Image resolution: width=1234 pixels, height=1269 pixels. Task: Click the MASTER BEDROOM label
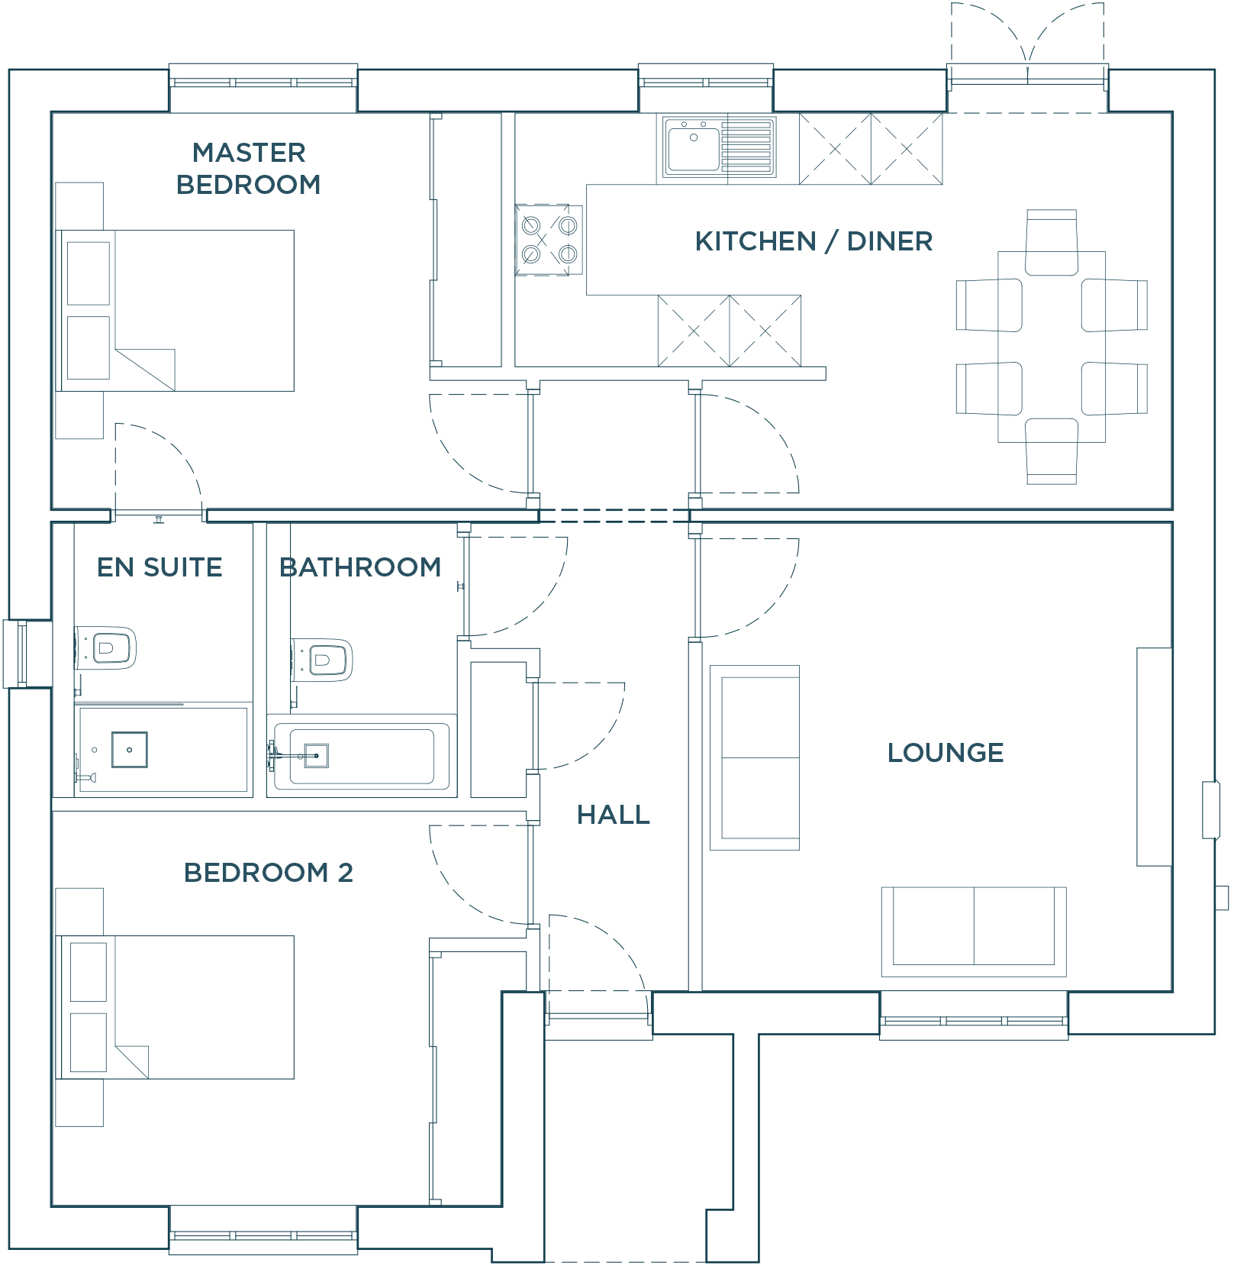tap(248, 169)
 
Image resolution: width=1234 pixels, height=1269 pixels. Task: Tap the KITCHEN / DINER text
tap(814, 241)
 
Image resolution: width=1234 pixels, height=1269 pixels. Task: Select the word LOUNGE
tap(945, 753)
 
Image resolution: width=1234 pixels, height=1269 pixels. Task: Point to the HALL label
tap(613, 815)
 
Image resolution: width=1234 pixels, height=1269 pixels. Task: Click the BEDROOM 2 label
tap(269, 873)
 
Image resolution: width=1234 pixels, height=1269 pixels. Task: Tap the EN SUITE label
tap(159, 567)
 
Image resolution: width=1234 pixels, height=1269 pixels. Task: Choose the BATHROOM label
tap(360, 567)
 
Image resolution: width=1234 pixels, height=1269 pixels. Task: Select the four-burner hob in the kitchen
tap(549, 239)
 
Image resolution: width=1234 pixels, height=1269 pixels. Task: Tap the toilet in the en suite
tap(106, 648)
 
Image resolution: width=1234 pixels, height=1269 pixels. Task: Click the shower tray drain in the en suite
tap(130, 750)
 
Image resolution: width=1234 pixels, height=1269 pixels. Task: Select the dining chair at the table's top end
tap(1051, 243)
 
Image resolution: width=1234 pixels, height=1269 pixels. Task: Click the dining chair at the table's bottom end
tap(1051, 450)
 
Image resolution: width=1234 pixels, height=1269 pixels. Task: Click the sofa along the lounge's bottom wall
tap(973, 931)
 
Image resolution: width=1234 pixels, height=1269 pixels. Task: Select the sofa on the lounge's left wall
tap(755, 757)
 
